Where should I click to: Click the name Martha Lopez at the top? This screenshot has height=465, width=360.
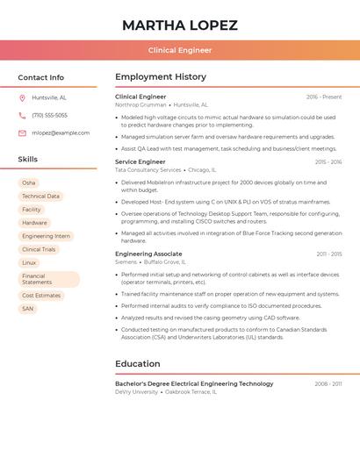[180, 25]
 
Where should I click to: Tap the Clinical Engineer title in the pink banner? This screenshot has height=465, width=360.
[180, 50]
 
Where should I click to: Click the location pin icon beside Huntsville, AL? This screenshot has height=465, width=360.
[22, 97]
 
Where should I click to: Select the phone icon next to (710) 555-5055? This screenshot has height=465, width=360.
[22, 115]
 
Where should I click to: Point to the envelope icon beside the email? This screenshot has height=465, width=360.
[22, 132]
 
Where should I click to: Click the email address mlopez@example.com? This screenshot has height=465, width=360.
[61, 132]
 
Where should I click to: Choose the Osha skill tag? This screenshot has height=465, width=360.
[29, 182]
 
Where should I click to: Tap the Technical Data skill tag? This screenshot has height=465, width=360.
[40, 197]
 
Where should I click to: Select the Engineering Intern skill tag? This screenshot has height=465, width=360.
[46, 236]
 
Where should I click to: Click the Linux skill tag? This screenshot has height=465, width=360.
[29, 262]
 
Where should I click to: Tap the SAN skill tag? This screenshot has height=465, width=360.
[28, 309]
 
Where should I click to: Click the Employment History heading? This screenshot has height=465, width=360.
[161, 77]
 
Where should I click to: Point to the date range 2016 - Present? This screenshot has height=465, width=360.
[324, 97]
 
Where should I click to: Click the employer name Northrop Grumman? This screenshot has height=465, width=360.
[140, 104]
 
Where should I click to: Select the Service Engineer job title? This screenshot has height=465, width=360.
[140, 161]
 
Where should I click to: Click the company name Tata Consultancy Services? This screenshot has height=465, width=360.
[148, 169]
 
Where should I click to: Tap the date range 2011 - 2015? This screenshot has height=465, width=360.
[329, 254]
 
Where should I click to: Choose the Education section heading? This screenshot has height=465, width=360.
[138, 364]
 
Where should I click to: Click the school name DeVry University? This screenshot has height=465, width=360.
[136, 391]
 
